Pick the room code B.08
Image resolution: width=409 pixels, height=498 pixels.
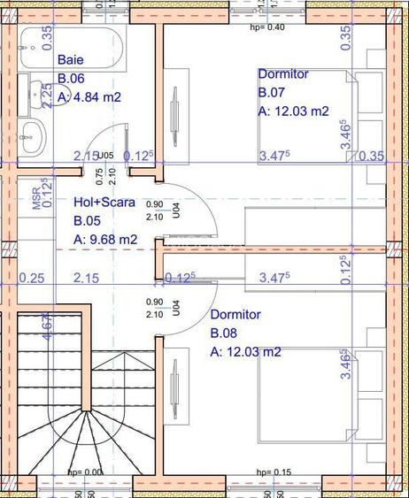[223, 333]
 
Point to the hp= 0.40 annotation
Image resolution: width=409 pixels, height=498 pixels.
[267, 27]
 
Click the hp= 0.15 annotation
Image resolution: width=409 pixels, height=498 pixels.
[273, 472]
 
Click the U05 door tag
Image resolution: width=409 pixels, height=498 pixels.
[105, 156]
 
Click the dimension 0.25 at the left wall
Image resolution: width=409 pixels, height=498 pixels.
[31, 279]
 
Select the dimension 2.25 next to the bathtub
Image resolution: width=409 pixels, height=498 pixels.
[47, 94]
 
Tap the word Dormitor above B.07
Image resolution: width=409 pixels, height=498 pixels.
[283, 74]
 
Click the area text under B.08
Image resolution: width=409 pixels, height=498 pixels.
[245, 351]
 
